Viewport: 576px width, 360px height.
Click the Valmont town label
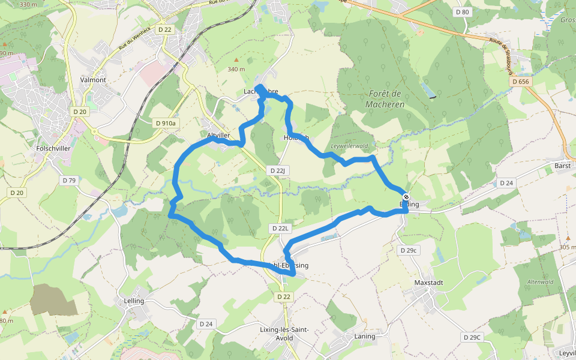(93, 80)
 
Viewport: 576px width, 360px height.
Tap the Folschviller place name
(54, 148)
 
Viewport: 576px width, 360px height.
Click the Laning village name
(365, 337)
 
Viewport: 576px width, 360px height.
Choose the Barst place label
(562, 166)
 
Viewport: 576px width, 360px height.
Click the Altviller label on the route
(218, 136)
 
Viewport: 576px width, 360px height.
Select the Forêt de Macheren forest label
(385, 99)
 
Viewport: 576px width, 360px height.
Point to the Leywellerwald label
(349, 146)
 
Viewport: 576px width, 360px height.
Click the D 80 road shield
(462, 12)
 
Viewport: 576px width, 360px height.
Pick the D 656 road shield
(520, 81)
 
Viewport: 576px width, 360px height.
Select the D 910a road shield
(166, 123)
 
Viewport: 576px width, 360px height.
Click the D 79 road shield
(69, 180)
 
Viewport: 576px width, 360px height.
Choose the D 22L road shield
(280, 228)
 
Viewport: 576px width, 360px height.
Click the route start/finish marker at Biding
(406, 197)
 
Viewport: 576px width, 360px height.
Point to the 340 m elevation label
(236, 69)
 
